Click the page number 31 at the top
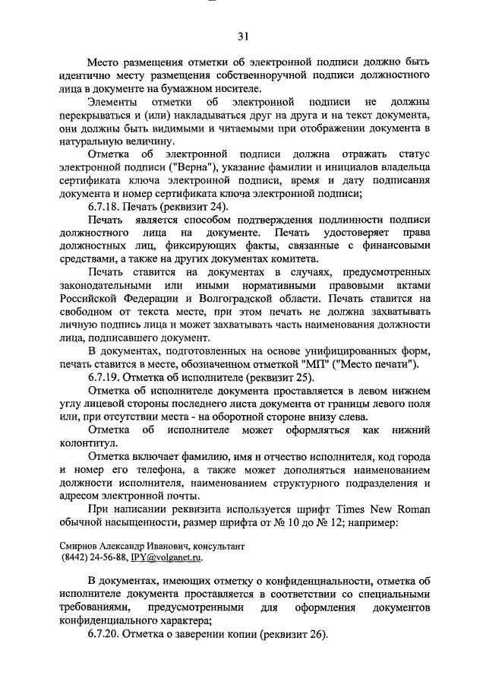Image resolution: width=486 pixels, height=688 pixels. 242,36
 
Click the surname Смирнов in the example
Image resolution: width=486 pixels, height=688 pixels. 81,545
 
